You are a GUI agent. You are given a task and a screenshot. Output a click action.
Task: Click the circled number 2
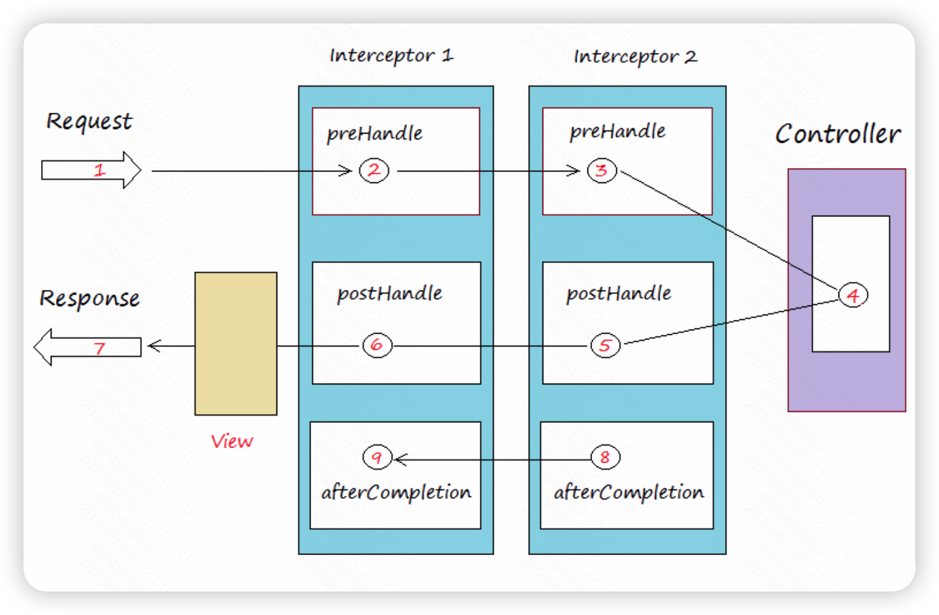pos(374,171)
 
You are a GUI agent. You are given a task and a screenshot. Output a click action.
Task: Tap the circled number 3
pos(601,171)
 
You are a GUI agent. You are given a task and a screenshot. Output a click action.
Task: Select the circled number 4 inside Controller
pos(853,295)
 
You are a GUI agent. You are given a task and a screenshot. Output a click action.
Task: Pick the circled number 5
pos(605,345)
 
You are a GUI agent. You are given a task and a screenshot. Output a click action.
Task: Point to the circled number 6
pos(377,345)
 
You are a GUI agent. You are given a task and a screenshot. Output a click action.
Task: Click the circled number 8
pos(605,457)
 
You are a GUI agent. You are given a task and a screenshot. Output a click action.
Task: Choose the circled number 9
pos(377,457)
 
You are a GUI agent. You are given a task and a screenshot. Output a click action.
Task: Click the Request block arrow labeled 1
pos(91,171)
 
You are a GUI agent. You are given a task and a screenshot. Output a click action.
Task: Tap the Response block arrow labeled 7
pos(88,347)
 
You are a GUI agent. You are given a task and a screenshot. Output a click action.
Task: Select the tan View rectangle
pos(236,343)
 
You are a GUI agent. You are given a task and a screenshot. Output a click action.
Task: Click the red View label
pos(231,442)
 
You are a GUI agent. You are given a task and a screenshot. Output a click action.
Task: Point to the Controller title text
pos(838,134)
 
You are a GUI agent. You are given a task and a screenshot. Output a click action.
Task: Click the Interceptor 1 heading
pos(391,56)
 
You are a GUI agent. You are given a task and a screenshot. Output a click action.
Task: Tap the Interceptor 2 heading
pos(635,57)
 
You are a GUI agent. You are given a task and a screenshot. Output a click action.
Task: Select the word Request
pos(89,122)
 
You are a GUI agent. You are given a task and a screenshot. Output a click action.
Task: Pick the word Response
pos(89,299)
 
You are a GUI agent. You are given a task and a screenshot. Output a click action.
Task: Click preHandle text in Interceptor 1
pos(374,134)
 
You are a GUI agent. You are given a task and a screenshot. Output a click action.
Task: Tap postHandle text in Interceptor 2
pos(619,294)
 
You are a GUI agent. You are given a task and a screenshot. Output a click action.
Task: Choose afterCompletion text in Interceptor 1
pos(396,493)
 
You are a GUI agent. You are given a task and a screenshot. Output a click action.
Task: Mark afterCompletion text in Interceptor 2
pos(629,493)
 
